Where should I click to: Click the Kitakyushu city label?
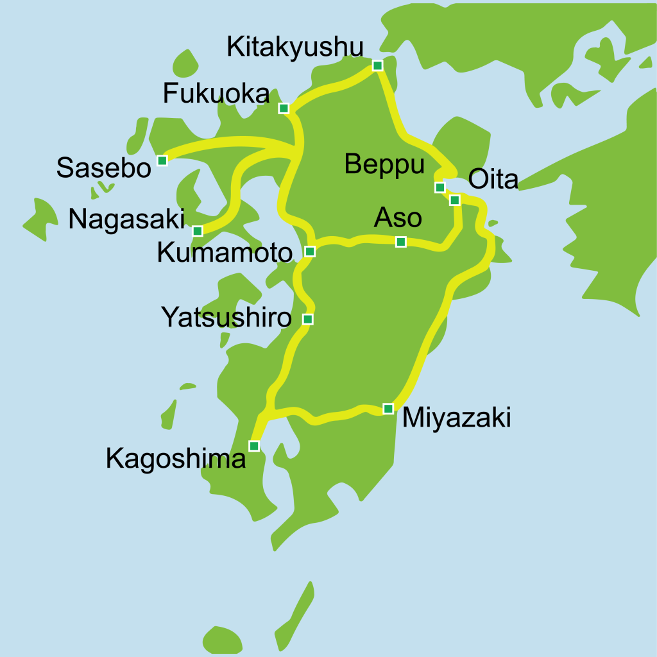295,47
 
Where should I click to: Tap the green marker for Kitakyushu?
377,65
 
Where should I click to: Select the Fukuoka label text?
216,94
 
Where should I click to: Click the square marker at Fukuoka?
284,108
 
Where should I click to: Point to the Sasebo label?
103,167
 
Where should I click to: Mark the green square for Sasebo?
162,160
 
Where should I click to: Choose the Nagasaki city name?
126,219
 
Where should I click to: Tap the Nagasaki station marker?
198,231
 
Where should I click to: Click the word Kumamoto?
225,253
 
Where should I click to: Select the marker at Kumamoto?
310,251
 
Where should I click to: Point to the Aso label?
398,218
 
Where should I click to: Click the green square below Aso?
401,242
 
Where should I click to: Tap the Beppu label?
384,165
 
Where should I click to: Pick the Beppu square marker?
439,187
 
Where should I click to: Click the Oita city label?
493,180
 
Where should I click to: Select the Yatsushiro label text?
226,318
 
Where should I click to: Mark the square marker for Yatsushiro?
308,319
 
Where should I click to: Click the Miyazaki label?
456,418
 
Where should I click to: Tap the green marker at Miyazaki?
388,409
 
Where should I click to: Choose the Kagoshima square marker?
254,445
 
